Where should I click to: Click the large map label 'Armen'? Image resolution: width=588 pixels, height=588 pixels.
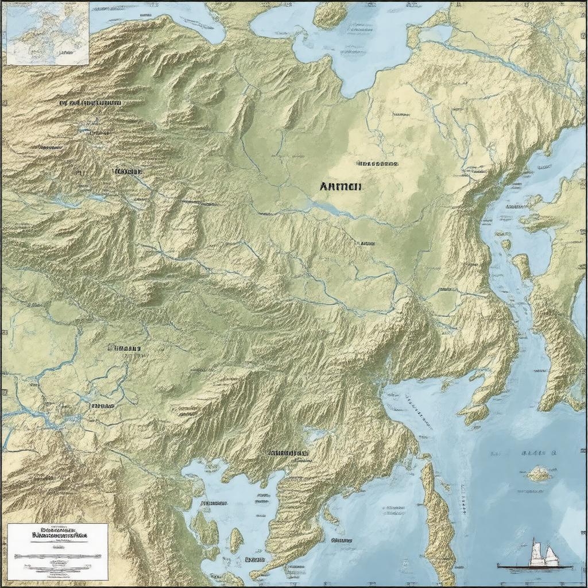(339, 186)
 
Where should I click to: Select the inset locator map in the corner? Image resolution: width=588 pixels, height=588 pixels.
(47, 33)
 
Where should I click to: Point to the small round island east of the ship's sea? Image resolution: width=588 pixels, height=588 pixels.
(539, 473)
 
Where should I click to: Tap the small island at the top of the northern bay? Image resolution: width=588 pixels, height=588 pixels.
(330, 14)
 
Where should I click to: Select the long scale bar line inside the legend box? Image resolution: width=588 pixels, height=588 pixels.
(57, 556)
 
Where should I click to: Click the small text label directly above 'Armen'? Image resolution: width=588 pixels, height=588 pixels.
(377, 164)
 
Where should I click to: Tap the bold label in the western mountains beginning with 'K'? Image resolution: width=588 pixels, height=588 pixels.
(128, 171)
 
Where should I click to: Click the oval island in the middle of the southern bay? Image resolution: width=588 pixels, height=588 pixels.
(236, 540)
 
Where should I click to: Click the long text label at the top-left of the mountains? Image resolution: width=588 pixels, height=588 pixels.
(90, 103)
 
